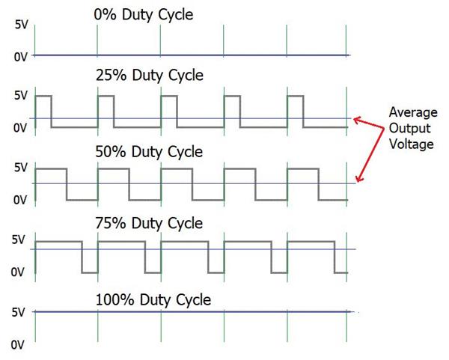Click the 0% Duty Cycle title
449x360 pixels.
click(x=144, y=15)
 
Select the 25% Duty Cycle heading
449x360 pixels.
click(x=150, y=76)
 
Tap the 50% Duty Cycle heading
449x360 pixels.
click(x=149, y=152)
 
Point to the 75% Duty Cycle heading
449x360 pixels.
click(x=149, y=223)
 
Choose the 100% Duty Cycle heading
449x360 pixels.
click(x=153, y=300)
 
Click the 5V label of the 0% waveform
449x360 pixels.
click(x=22, y=25)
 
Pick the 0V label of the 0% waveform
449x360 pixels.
click(x=21, y=57)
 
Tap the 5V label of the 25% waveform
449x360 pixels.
click(x=21, y=96)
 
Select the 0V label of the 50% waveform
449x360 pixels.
click(x=20, y=200)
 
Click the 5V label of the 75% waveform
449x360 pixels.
click(x=19, y=240)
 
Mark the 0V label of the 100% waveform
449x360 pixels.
click(x=18, y=345)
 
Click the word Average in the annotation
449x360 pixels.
click(x=413, y=112)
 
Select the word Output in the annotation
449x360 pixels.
click(x=410, y=128)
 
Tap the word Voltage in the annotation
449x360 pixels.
click(x=412, y=144)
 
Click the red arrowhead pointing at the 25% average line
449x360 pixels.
click(x=358, y=120)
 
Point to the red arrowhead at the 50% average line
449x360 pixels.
click(x=359, y=179)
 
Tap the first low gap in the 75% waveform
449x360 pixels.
click(x=90, y=273)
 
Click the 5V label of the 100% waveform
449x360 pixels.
click(x=19, y=312)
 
